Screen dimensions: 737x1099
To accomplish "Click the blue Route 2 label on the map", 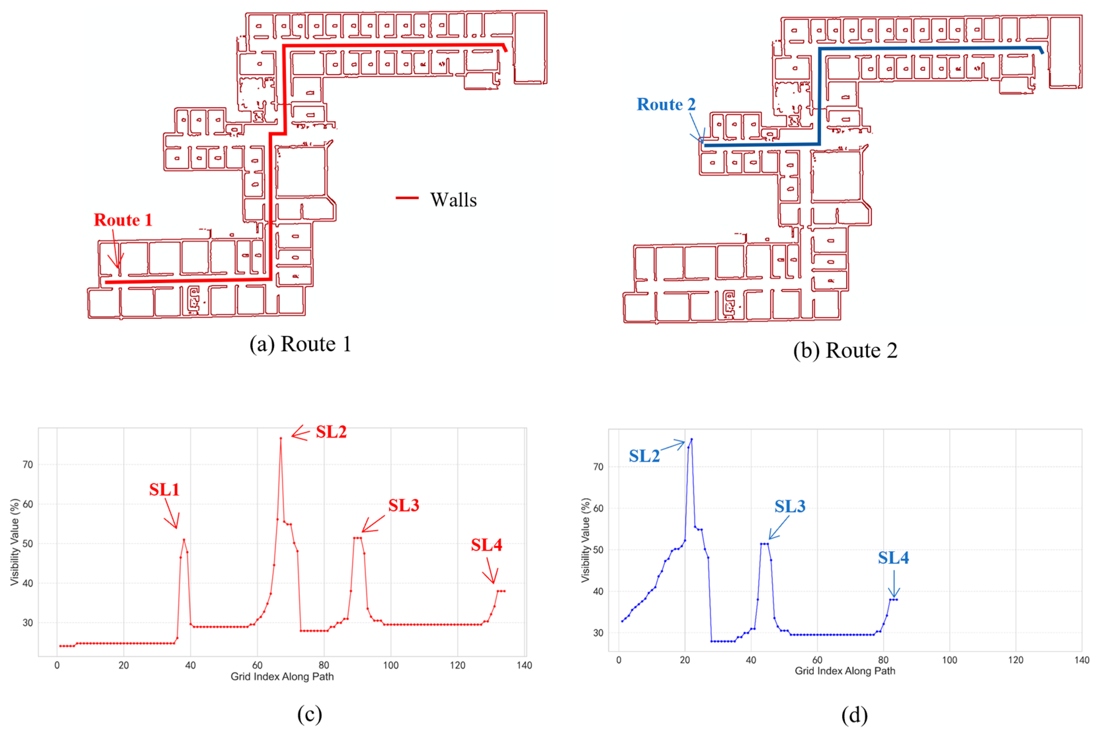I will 666,104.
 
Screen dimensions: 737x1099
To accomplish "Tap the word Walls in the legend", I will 453,200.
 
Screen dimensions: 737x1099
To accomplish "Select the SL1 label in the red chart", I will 164,490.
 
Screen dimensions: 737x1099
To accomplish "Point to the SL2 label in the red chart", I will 331,432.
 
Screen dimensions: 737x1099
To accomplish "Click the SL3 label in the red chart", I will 403,505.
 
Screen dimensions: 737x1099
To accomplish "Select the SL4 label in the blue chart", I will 893,558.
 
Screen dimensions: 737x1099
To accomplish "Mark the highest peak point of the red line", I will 281,438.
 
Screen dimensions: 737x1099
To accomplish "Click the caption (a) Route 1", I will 300,344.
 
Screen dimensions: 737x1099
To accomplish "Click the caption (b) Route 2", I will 845,351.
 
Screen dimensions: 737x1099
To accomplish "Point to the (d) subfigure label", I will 854,715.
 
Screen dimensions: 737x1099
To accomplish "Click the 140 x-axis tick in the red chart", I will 524,665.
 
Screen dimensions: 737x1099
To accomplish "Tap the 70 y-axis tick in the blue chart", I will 598,467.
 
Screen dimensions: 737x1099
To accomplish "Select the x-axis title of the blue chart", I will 845,671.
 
